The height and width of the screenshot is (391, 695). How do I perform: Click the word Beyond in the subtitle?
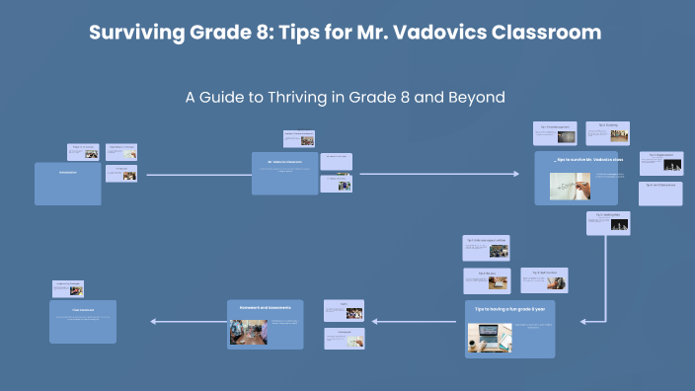476,98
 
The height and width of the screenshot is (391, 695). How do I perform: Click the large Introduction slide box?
67,184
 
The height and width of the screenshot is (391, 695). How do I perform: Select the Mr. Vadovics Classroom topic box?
284,173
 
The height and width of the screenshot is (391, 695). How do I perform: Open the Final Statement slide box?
82,321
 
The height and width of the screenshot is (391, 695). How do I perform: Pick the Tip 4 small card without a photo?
660,193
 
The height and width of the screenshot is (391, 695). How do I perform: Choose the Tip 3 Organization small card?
660,162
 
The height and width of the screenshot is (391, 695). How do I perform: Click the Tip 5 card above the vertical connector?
607,222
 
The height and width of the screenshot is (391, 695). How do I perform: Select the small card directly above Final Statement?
67,288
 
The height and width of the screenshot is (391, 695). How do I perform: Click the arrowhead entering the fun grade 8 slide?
585,321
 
